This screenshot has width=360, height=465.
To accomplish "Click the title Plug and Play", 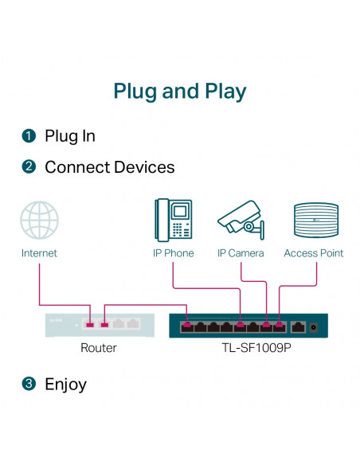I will point(180,91).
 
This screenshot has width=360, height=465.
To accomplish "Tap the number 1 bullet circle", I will point(29,136).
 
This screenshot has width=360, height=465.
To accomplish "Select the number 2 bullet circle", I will point(29,167).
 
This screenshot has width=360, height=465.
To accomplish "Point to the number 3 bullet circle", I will point(29,385).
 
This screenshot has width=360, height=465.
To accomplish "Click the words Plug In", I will point(70,136).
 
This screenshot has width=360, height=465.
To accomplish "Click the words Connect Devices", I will point(109,167).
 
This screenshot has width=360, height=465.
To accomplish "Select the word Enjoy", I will point(65,385).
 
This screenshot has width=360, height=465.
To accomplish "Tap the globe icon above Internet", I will point(39,221).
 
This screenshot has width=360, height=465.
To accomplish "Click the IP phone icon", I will point(173,220).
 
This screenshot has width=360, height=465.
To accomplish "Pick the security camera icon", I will point(241,220).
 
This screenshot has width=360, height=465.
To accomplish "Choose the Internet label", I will point(39,253).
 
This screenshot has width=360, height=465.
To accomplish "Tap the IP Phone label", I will point(173,253).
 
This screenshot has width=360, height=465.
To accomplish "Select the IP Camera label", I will point(241,253).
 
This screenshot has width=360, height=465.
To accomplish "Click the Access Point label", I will point(314,253).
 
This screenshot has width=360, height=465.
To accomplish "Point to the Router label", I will point(99,348).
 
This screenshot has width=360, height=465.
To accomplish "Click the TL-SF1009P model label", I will point(257,348).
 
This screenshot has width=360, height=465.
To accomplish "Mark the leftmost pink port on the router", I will point(91,324).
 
